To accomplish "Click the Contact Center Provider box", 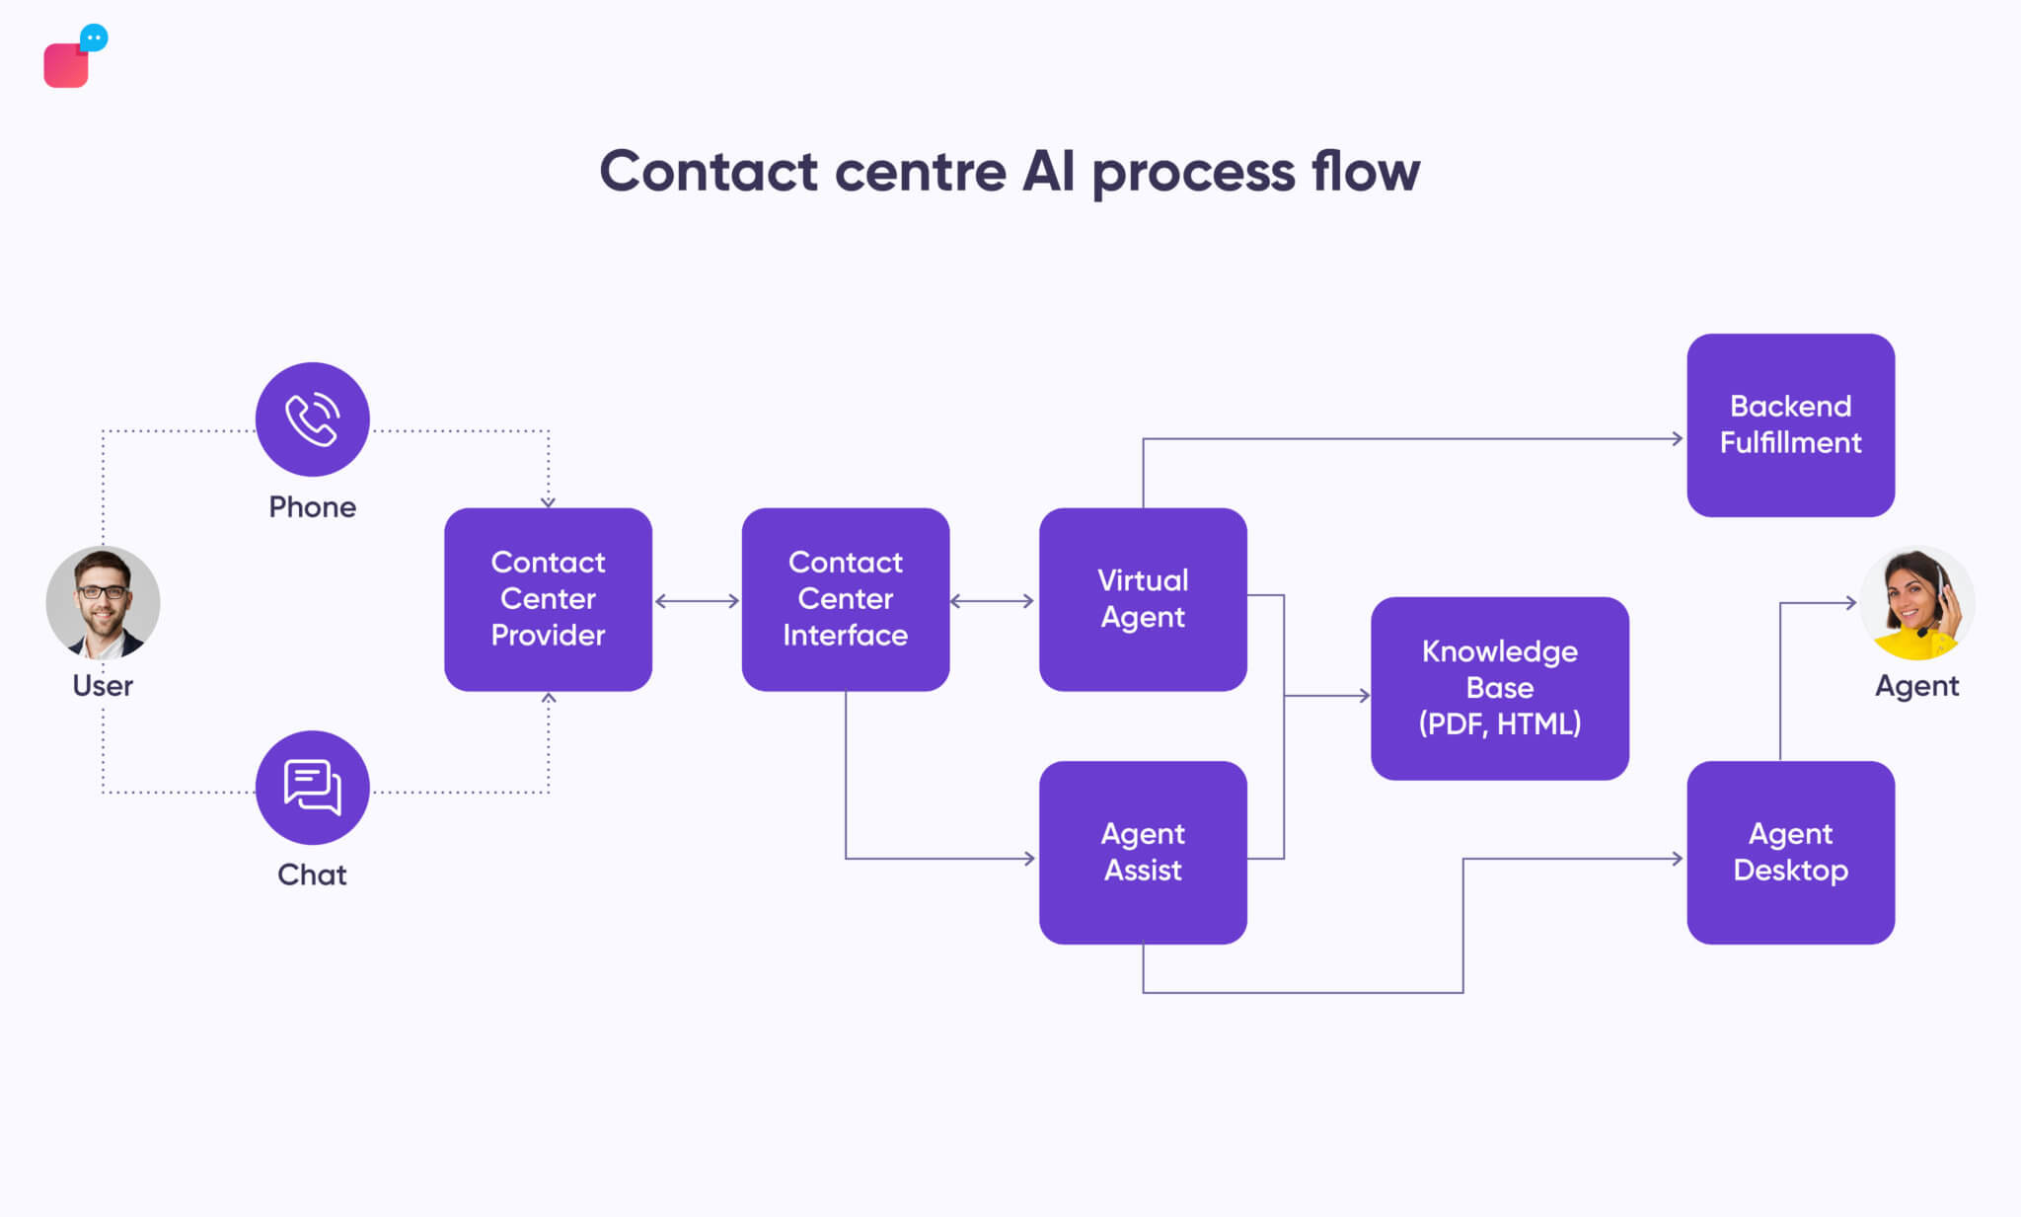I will pos(548,599).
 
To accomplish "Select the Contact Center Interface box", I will pos(845,599).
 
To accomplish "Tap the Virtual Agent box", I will pos(1143,599).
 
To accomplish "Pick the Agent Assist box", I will pos(1143,852).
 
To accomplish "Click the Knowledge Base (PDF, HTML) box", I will pos(1499,688).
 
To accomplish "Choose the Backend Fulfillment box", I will pos(1790,424).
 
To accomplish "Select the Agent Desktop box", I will pos(1790,852).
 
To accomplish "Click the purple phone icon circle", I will pos(312,419).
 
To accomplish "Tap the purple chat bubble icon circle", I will pos(312,787).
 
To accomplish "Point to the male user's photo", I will pos(103,602).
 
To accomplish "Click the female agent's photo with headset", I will pos(1916,602).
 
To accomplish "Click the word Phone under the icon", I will pos(312,507).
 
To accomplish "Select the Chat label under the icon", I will pos(312,875).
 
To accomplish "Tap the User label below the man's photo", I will pos(103,685).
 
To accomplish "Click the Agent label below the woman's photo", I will pos(1916,685).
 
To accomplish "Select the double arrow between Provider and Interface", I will pos(697,601).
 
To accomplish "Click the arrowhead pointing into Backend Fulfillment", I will pos(1677,438).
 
